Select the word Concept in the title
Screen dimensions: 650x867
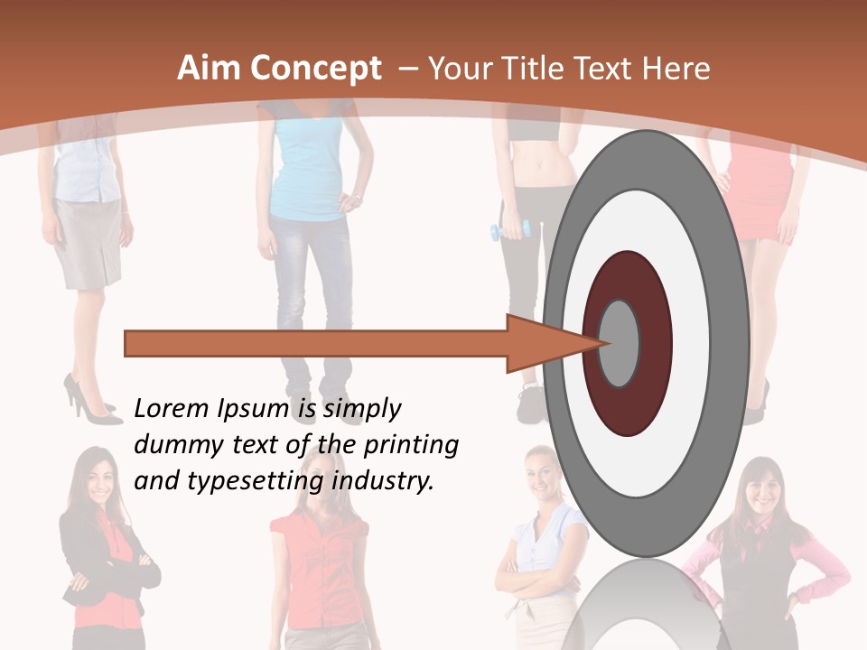click(314, 70)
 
